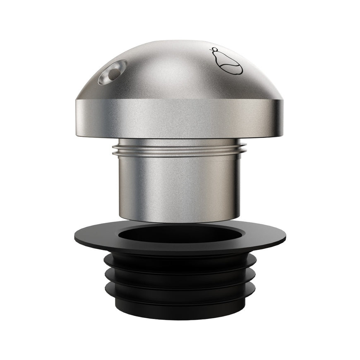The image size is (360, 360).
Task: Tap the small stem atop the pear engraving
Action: point(214,51)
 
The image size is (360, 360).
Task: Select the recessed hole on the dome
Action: point(112,71)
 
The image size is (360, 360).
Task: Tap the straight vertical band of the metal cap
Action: point(180,120)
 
